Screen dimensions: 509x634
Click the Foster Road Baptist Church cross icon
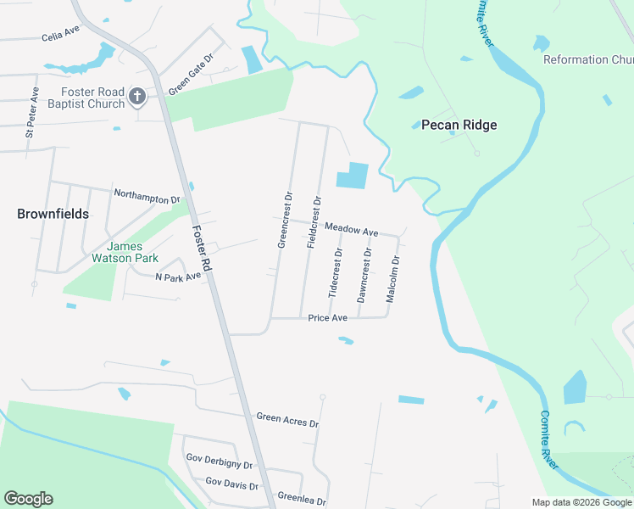point(137,98)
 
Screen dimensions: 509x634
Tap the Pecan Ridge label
point(459,125)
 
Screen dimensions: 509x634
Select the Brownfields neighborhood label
point(53,214)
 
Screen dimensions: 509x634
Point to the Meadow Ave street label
point(351,230)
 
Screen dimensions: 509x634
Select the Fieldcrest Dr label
point(314,222)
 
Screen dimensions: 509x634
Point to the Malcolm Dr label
point(392,279)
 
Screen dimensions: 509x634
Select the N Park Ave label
point(178,277)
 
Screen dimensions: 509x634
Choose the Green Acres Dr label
point(287,420)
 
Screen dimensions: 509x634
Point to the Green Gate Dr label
point(190,74)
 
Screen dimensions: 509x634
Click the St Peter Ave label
point(31,111)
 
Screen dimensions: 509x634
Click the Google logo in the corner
point(28,499)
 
